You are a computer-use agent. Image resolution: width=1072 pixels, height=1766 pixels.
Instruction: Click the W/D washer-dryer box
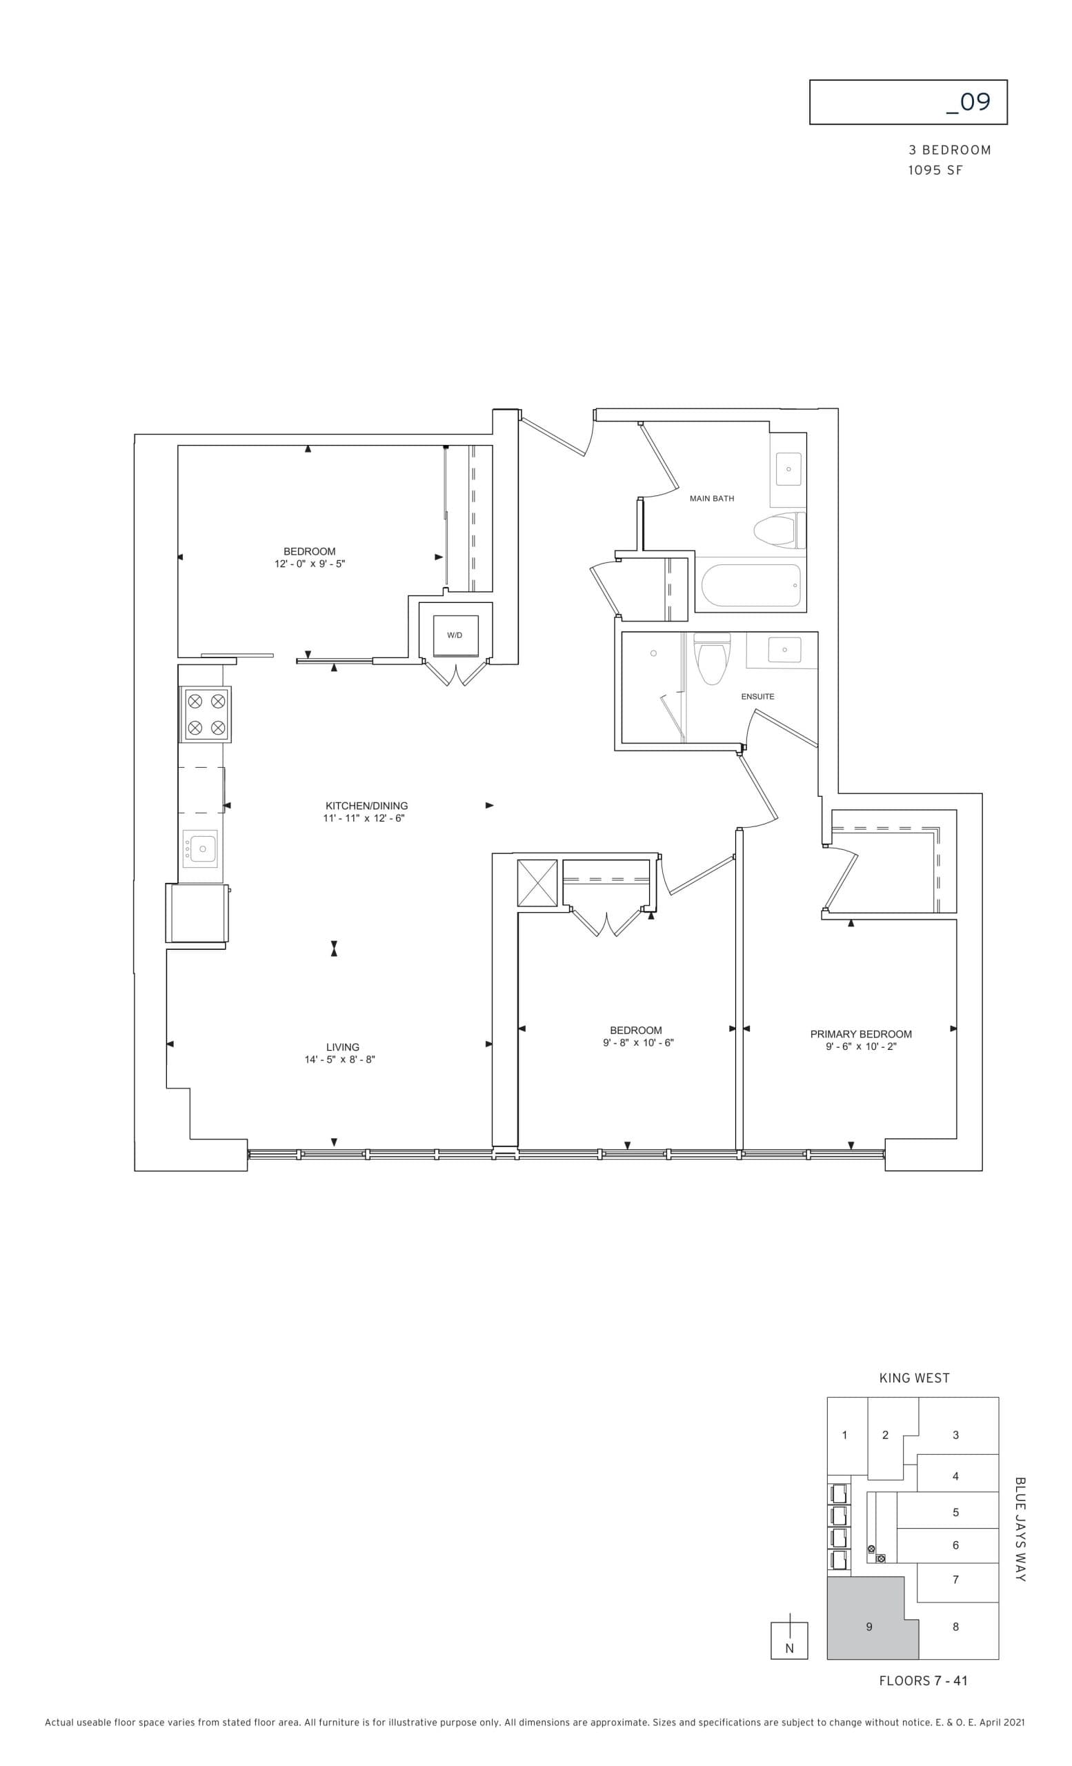pos(455,635)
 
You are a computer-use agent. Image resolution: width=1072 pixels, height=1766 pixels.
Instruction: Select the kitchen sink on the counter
pos(201,849)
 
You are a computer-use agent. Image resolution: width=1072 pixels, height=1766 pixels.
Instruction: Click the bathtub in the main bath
pos(751,585)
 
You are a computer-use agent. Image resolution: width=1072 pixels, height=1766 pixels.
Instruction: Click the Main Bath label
pos(711,498)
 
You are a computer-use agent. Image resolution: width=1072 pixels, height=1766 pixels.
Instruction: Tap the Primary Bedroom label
pos(860,1033)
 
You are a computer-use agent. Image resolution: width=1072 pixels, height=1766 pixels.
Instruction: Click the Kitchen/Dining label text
pos(366,806)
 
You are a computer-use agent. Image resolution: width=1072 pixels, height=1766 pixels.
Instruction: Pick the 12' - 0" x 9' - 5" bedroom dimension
pos(309,564)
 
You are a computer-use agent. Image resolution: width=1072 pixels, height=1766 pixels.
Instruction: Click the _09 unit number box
pos(907,103)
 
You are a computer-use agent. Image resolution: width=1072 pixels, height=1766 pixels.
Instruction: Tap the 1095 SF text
pos(935,170)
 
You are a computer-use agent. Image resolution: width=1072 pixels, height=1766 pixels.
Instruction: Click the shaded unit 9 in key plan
pos(868,1627)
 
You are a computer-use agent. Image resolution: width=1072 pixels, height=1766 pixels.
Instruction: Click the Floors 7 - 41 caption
pos(922,1680)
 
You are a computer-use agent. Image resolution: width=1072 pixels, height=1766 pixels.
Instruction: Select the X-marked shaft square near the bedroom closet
pos(537,883)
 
